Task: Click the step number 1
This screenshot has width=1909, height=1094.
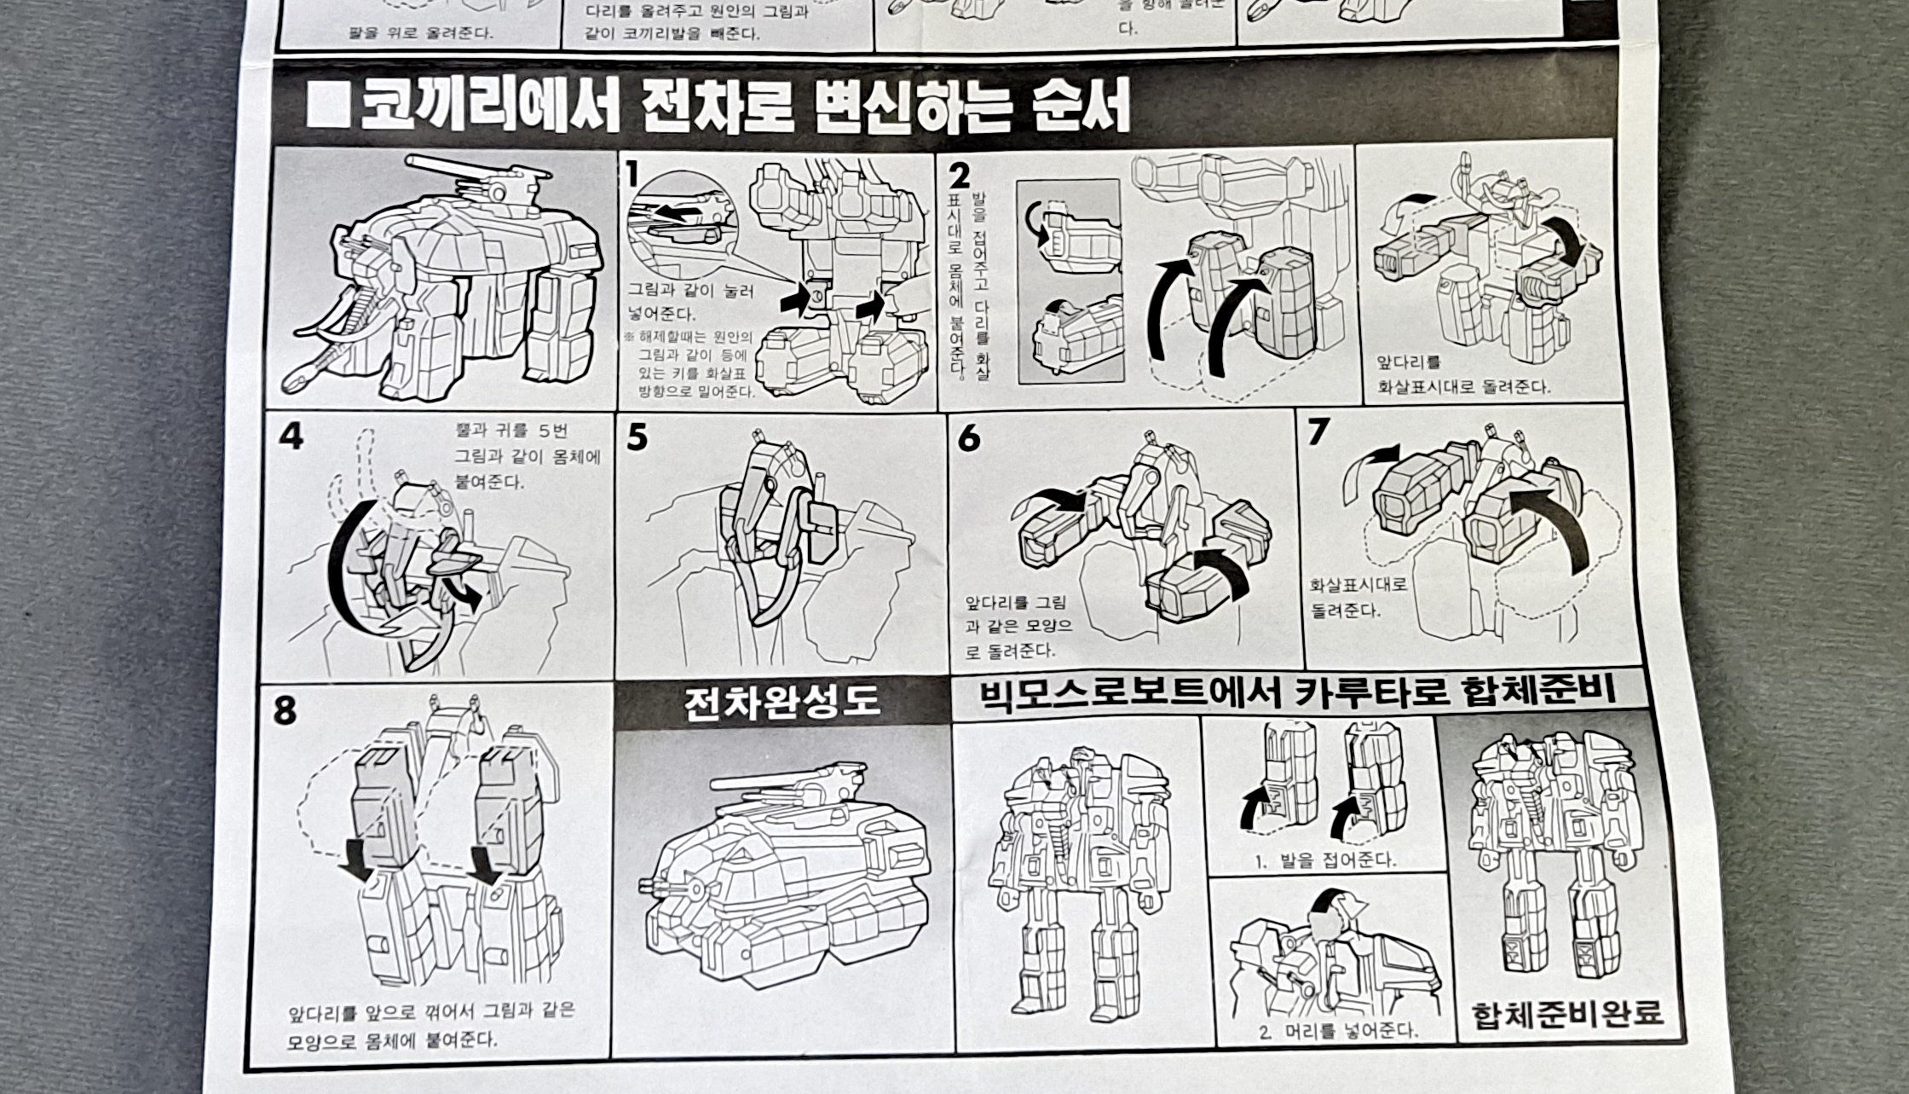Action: tap(632, 174)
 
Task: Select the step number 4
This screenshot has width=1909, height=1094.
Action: tap(291, 436)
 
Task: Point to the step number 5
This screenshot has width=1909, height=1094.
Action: tap(637, 437)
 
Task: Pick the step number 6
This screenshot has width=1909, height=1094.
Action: tap(969, 438)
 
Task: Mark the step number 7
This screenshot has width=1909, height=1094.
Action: tap(1318, 432)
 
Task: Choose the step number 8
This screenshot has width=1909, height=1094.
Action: tap(285, 710)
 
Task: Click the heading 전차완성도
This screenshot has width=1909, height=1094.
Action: tap(781, 703)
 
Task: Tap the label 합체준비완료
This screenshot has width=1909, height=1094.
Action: tap(1566, 1015)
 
